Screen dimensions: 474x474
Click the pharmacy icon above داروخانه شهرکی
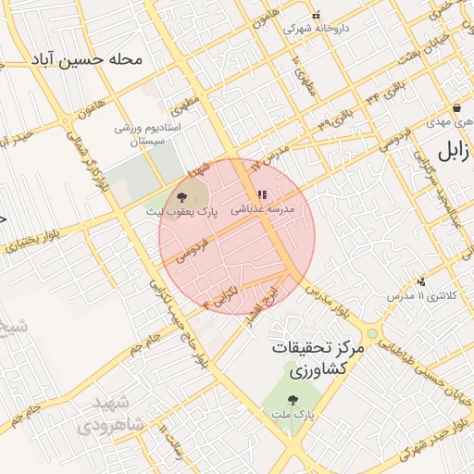(316, 15)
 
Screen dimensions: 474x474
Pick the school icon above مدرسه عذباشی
(262, 195)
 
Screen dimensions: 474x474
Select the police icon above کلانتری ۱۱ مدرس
(422, 281)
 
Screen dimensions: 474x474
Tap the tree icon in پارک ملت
(293, 401)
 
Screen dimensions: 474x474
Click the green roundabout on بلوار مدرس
(371, 331)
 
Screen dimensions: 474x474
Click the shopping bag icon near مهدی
(459, 107)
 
